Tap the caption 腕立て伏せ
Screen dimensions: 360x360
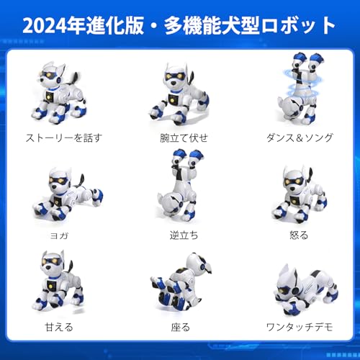click(180, 138)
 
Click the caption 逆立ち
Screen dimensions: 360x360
click(180, 234)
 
